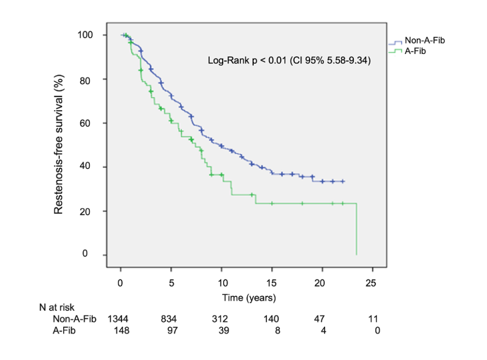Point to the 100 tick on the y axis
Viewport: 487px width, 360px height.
click(85, 35)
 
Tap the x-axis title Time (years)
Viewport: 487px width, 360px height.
click(249, 298)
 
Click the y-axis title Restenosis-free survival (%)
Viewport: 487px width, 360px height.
click(59, 145)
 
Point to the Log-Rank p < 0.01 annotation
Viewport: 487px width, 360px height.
click(288, 60)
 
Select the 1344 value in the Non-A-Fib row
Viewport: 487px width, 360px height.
click(119, 318)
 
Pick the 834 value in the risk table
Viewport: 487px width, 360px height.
click(171, 318)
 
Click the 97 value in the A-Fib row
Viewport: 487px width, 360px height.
click(171, 330)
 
